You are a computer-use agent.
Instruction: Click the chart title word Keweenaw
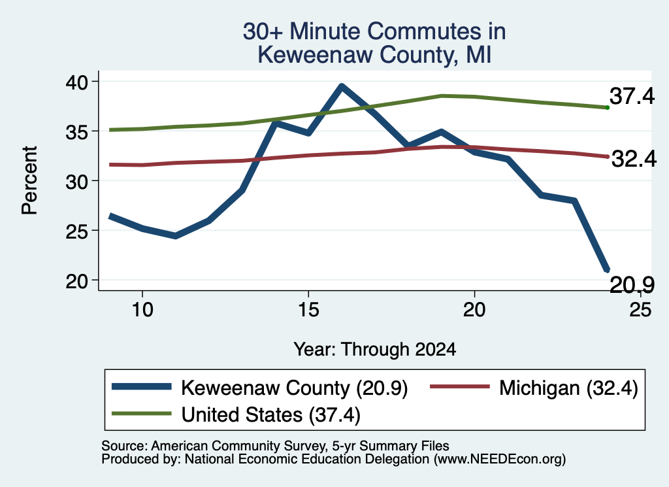coord(316,55)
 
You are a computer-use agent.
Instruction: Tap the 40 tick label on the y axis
coord(76,82)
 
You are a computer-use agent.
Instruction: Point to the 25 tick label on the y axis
coord(76,231)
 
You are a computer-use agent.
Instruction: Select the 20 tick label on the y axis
coord(76,280)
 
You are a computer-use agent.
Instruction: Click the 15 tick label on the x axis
coord(308,309)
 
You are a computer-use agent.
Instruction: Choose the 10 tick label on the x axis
coord(142,309)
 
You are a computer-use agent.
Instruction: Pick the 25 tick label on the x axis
coord(640,309)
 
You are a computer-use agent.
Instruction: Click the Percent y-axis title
coord(30,180)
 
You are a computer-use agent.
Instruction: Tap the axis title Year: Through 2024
coord(374,349)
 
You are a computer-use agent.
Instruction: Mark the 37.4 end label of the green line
coord(632,96)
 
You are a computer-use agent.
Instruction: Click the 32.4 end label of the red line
coord(634,160)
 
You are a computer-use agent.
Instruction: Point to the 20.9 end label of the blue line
coord(632,285)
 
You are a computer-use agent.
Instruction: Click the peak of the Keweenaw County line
coord(341,86)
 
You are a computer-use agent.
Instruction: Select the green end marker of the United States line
coord(608,108)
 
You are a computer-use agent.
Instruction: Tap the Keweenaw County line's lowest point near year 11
coord(175,235)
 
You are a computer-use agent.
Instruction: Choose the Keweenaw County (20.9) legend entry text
coord(295,388)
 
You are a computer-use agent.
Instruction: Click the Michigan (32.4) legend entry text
coord(568,388)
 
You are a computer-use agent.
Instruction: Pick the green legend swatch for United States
coord(142,414)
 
